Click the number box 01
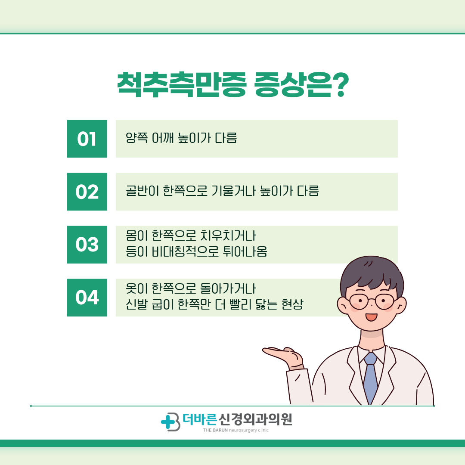point(87,139)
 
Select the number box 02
point(87,192)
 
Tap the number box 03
point(87,245)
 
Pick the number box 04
point(87,298)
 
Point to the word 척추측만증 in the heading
point(182,85)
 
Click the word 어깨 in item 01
point(162,138)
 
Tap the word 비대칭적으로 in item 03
point(185,251)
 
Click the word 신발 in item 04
point(136,304)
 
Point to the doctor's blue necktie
point(370,377)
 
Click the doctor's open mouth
point(371,317)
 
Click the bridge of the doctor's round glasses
point(371,301)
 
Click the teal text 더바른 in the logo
point(200,419)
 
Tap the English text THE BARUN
point(215,430)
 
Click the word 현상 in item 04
point(292,304)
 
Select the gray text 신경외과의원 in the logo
point(255,419)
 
